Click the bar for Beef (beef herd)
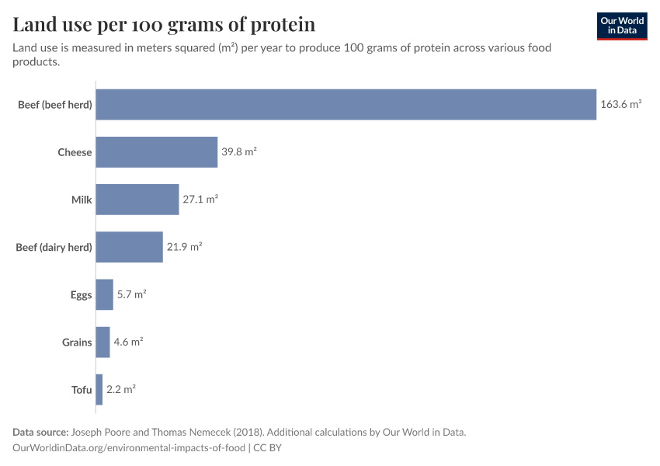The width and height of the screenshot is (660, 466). tap(346, 104)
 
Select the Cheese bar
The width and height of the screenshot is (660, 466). tap(156, 152)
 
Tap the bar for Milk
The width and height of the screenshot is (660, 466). tap(137, 200)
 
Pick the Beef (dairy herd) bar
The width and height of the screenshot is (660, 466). tap(129, 247)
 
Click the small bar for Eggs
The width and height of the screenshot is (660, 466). tap(104, 294)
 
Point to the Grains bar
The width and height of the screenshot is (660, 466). tap(102, 342)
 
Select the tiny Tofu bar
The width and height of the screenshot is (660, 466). tap(99, 389)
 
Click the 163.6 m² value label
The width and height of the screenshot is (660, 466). tap(620, 104)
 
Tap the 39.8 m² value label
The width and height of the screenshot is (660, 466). tap(239, 152)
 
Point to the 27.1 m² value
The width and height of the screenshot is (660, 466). tap(200, 200)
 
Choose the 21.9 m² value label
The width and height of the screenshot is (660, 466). tap(184, 247)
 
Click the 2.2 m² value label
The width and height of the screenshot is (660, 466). tap(121, 389)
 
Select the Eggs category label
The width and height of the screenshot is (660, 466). tap(81, 295)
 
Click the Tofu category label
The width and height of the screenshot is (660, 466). tap(82, 389)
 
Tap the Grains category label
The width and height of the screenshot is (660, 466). tap(77, 342)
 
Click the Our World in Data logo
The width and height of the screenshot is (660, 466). tap(622, 26)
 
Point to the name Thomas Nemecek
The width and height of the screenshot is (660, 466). tap(189, 433)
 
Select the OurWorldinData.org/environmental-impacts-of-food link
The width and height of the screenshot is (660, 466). tap(130, 447)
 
